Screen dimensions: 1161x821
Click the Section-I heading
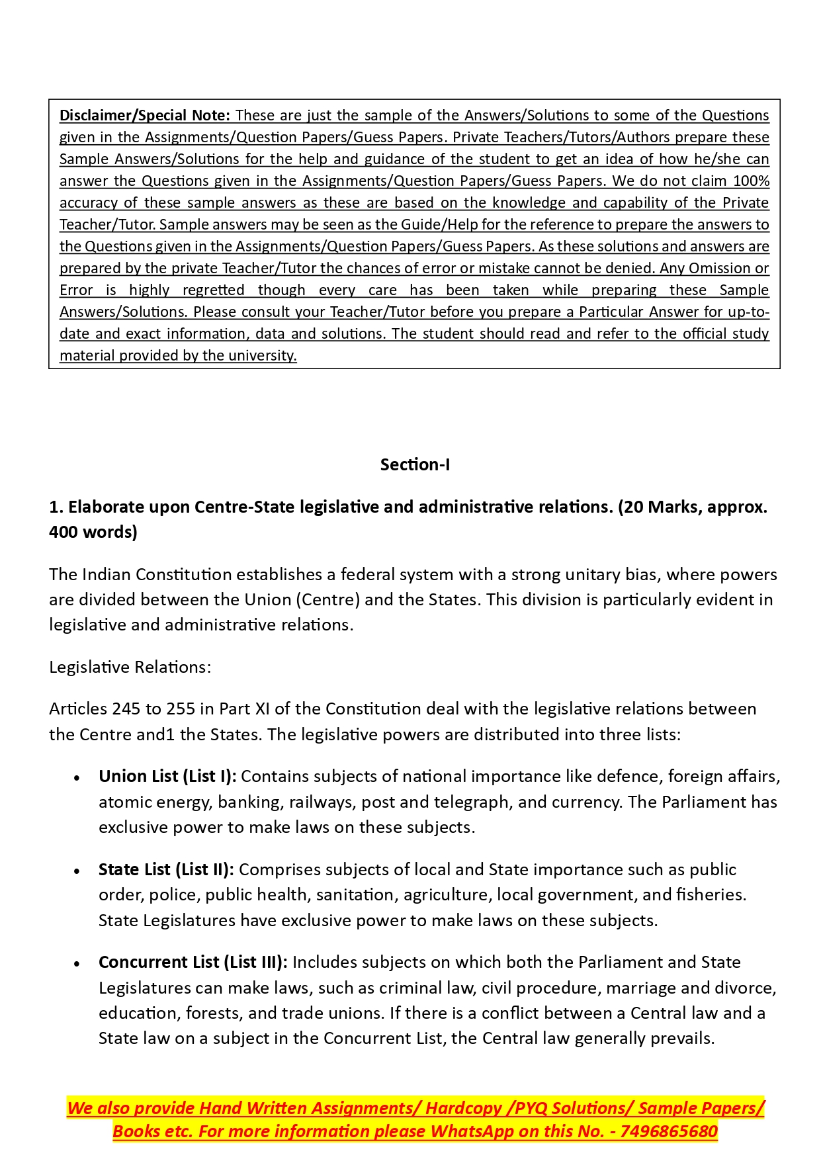click(415, 464)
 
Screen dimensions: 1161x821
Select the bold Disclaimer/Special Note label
click(144, 115)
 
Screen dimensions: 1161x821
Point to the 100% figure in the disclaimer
click(751, 181)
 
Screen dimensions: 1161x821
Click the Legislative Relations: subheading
click(130, 667)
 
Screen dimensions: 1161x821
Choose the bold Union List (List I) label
click(167, 776)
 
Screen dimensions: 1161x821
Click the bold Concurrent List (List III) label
click(193, 962)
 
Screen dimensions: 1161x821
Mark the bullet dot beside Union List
click(77, 778)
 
